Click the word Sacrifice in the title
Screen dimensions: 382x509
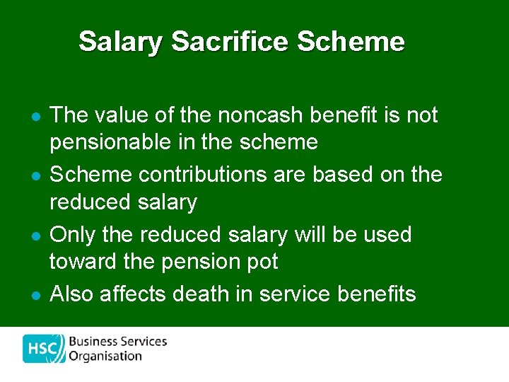click(x=230, y=42)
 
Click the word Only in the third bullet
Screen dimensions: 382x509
click(x=71, y=234)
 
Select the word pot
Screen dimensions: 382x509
click(x=263, y=262)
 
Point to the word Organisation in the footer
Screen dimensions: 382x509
click(x=105, y=356)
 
